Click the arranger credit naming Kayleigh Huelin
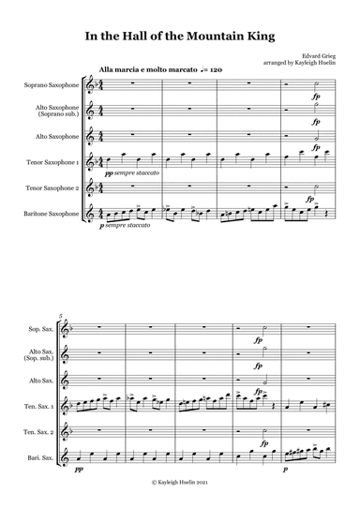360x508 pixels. pyautogui.click(x=291, y=66)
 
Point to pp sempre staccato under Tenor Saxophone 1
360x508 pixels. pyautogui.click(x=135, y=174)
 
